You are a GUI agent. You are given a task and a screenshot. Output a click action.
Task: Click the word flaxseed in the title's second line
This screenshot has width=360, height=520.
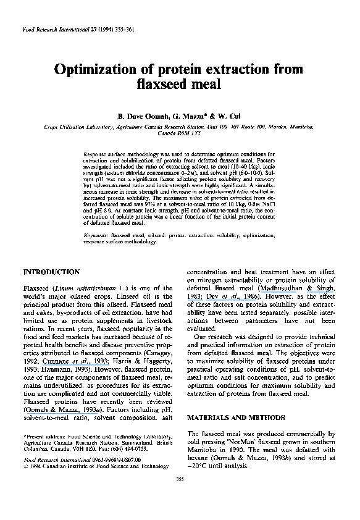click(162, 83)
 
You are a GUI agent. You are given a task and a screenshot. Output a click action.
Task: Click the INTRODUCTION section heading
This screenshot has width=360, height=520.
click(51, 272)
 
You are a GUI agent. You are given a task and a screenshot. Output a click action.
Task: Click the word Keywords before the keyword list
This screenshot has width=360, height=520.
click(97, 236)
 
